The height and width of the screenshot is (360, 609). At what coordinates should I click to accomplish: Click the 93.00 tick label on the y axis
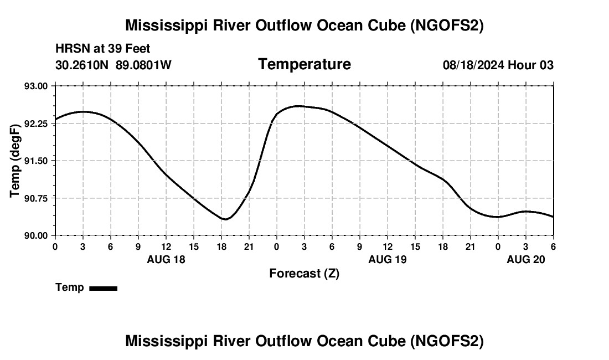pyautogui.click(x=37, y=86)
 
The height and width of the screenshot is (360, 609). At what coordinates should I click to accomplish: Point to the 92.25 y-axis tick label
pyautogui.click(x=37, y=124)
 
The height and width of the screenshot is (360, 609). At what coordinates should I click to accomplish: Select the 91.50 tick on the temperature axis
pyautogui.click(x=37, y=161)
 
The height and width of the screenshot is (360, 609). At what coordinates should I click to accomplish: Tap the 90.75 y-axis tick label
pyautogui.click(x=37, y=198)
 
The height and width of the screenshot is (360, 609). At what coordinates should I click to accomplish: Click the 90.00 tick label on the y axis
pyautogui.click(x=37, y=235)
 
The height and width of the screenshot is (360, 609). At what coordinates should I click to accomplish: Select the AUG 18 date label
pyautogui.click(x=166, y=259)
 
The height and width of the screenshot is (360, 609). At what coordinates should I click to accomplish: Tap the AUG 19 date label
pyautogui.click(x=388, y=259)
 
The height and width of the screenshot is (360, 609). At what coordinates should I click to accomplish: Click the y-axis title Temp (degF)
pyautogui.click(x=16, y=161)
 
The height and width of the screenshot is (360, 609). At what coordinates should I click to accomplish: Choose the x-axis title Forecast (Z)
pyautogui.click(x=304, y=274)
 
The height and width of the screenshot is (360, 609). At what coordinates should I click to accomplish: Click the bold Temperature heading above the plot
pyautogui.click(x=304, y=64)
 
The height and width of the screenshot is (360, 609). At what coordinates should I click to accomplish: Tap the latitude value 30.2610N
pyautogui.click(x=83, y=65)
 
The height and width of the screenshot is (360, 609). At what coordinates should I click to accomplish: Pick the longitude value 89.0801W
pyautogui.click(x=143, y=65)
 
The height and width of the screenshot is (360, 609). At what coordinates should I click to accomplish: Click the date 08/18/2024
pyautogui.click(x=473, y=65)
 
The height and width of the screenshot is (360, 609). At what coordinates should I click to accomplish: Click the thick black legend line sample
pyautogui.click(x=103, y=288)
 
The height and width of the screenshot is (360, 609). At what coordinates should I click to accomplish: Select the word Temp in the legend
pyautogui.click(x=70, y=287)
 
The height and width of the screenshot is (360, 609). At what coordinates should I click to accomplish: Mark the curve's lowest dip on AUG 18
pyautogui.click(x=225, y=219)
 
